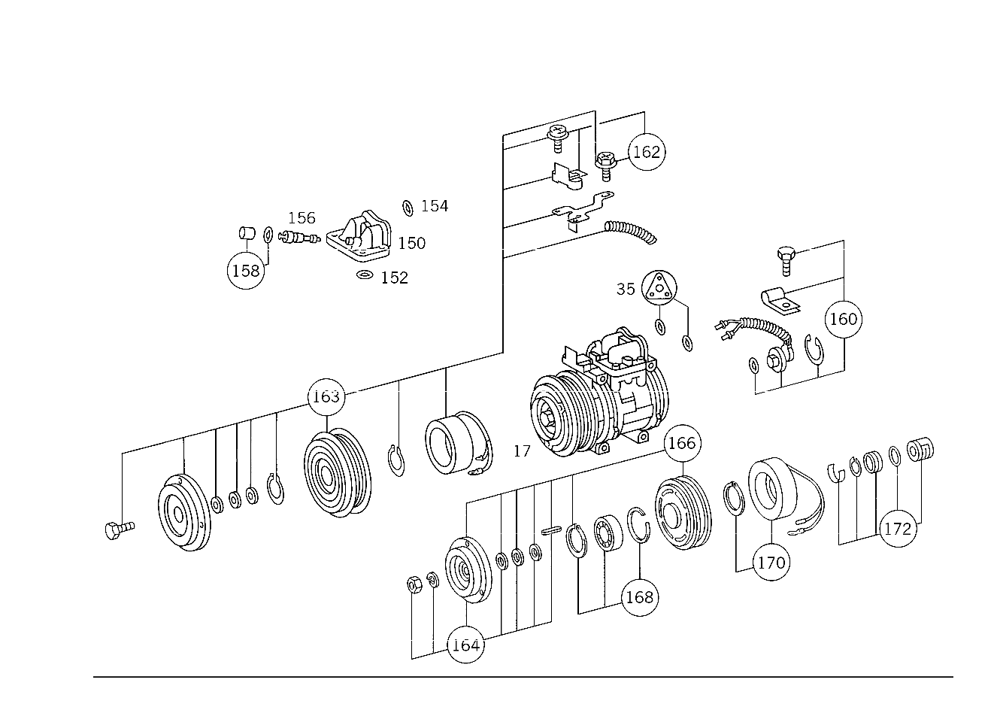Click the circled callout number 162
click(647, 152)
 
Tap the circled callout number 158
click(246, 270)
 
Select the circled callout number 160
click(844, 319)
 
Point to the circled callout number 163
click(326, 396)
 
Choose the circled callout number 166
click(682, 443)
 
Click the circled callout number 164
click(465, 645)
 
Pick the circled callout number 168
click(640, 597)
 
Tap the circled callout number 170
click(771, 563)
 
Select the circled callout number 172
click(898, 529)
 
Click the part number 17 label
click(522, 451)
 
